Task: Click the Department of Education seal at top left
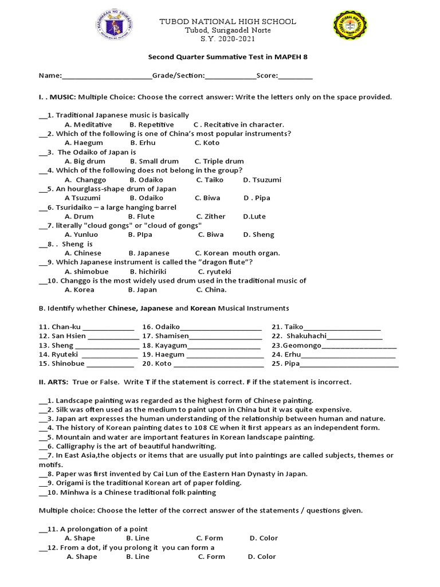[112, 30]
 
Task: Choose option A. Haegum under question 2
[84, 143]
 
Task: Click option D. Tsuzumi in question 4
[262, 179]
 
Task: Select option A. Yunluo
[81, 234]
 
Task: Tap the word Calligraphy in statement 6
[75, 446]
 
